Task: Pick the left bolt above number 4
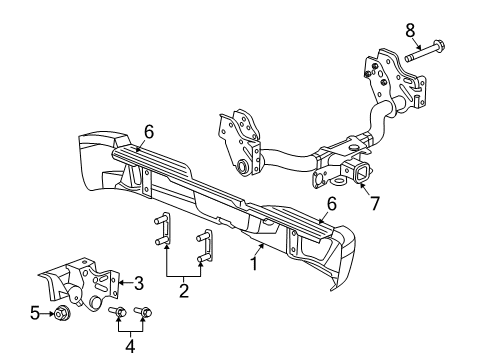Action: tap(119, 319)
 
